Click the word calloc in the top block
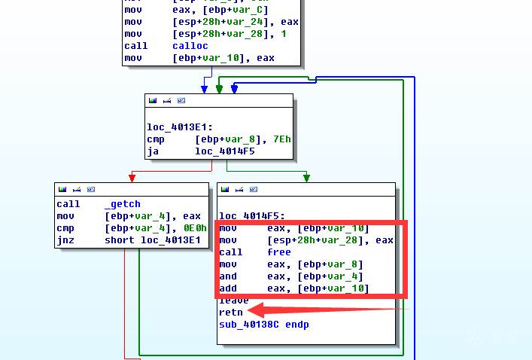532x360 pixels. click(x=190, y=46)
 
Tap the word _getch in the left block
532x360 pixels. click(x=122, y=204)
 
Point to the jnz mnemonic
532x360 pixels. click(x=65, y=240)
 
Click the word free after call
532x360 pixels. click(x=278, y=252)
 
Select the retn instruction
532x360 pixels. click(x=231, y=312)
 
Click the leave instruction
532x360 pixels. click(x=233, y=301)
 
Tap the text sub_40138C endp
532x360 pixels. click(x=263, y=324)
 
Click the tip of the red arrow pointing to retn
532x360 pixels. click(x=250, y=309)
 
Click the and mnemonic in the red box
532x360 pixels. click(x=228, y=276)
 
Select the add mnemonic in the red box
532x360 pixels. click(x=228, y=288)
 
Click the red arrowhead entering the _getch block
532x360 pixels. click(x=132, y=178)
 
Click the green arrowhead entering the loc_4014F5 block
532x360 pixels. click(x=306, y=178)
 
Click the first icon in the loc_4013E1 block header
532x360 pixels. click(x=153, y=100)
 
